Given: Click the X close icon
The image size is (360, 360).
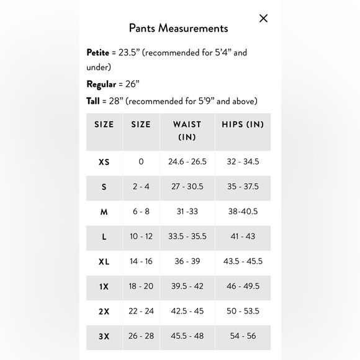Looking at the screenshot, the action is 263,18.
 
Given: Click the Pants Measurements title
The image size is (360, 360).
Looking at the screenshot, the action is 178,28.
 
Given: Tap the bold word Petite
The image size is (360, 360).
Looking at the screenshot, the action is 97,53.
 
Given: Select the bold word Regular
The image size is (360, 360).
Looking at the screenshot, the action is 101,84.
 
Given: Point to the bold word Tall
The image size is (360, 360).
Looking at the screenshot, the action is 93,101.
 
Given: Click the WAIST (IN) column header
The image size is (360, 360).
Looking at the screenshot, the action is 187,130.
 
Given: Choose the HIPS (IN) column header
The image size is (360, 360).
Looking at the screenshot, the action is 243,124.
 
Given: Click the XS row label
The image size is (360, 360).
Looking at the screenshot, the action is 104,162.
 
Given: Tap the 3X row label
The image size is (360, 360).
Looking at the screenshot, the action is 104,336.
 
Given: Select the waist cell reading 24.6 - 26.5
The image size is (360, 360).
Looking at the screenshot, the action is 187,162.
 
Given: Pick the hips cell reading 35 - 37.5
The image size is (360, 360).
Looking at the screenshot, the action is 243,187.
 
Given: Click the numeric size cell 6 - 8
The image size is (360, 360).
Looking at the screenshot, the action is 141,212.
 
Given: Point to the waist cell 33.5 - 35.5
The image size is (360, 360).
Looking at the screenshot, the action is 187,236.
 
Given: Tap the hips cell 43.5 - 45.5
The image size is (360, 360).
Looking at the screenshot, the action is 243,261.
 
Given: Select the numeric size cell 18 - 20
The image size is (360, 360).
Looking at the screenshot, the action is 141,286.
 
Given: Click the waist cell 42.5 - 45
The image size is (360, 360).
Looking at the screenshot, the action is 187,311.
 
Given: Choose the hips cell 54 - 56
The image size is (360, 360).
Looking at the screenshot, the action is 243,336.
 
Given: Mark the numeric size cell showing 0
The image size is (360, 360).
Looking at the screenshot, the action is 141,162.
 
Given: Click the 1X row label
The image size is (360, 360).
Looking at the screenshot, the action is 104,287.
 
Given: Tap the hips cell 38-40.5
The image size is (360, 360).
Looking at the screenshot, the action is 243,212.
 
